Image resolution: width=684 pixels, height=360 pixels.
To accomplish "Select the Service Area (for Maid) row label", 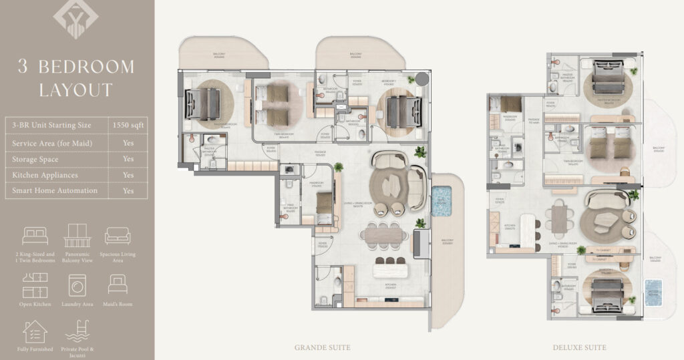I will [52, 143].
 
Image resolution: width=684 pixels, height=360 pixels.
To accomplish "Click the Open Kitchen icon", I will [35, 285].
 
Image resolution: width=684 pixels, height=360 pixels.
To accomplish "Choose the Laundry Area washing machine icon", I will [77, 285].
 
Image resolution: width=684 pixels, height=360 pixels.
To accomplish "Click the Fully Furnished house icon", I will [35, 332].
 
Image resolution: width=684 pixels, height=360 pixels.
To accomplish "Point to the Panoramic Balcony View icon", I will [77, 236].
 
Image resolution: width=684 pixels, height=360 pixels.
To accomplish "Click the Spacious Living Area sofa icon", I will [118, 236].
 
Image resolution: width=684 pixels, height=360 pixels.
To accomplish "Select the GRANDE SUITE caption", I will [322, 347].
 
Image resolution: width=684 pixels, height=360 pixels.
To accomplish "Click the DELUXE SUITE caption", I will [580, 347].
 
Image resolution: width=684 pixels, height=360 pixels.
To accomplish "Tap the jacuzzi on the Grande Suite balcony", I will [442, 201].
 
